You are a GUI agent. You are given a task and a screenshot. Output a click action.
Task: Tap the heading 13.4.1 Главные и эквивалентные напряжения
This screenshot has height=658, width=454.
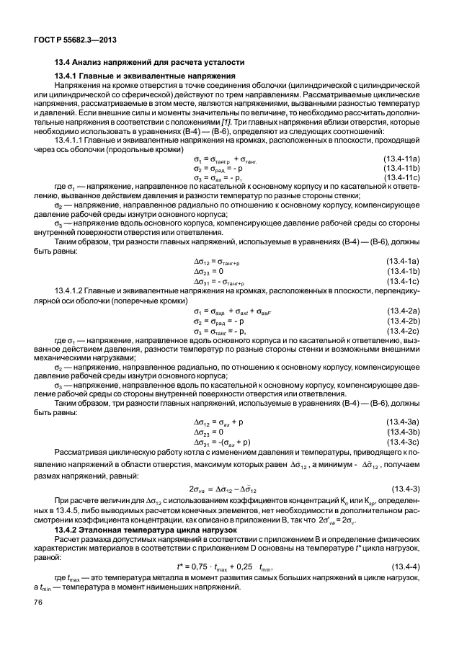[x=143, y=76]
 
